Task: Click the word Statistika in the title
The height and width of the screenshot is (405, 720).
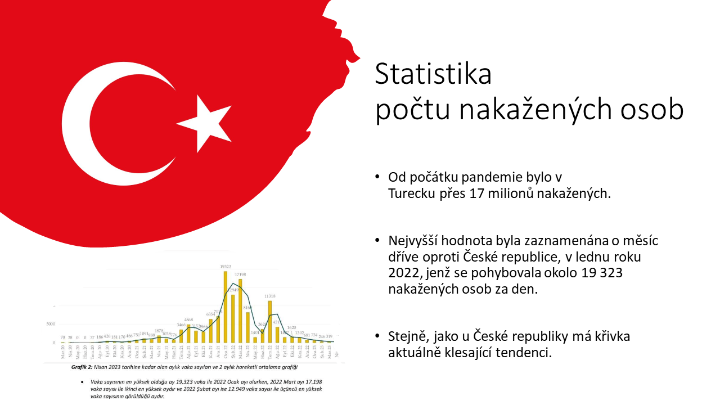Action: click(433, 74)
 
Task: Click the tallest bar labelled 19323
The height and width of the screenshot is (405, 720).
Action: click(225, 307)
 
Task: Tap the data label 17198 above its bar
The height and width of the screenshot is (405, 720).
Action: click(240, 274)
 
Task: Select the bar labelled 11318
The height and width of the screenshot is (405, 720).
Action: click(269, 321)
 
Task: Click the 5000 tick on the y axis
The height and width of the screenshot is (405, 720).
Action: click(51, 324)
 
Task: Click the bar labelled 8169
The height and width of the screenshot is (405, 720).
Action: click(247, 327)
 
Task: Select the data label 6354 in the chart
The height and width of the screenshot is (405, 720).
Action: click(210, 314)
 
